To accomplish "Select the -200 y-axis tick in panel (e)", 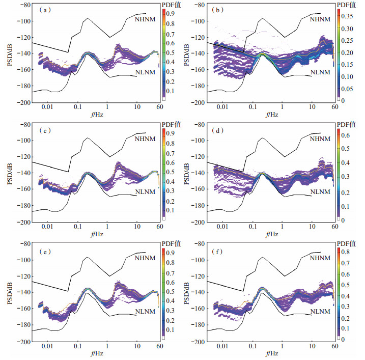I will pyautogui.click(x=22, y=342).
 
